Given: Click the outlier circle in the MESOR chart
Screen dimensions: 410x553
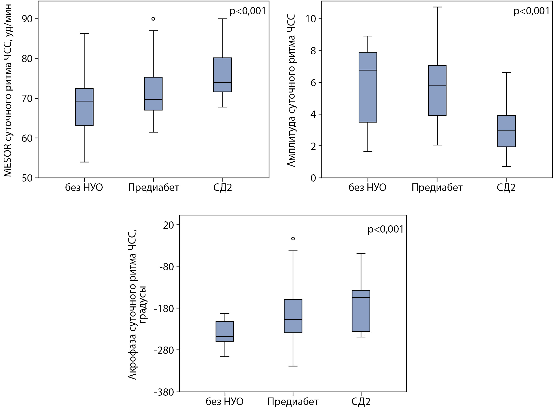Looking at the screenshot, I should [x=153, y=19].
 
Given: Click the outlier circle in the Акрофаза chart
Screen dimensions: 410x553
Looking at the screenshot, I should [x=293, y=239].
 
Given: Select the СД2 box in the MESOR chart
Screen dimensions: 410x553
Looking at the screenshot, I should [x=223, y=75].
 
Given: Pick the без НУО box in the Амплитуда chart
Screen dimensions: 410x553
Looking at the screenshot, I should [x=368, y=87].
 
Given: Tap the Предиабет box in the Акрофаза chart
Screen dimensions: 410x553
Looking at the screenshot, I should [x=293, y=316].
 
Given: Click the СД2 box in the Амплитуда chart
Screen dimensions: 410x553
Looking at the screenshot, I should [x=506, y=131].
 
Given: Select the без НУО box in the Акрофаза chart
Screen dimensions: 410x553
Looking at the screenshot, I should [x=225, y=331].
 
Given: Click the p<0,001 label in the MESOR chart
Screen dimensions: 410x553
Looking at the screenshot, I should [x=248, y=11].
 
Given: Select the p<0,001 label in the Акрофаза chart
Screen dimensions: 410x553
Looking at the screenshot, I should [x=386, y=229].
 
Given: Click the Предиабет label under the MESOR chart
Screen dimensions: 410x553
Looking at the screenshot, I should [x=153, y=188].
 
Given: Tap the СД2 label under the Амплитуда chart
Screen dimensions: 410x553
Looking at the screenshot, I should [x=506, y=188].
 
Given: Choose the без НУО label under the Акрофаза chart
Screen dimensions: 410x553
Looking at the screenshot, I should [x=225, y=402].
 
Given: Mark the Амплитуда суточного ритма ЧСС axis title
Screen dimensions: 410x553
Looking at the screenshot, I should [x=292, y=90].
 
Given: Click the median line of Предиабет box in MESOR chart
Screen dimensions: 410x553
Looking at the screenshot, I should [x=153, y=99].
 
